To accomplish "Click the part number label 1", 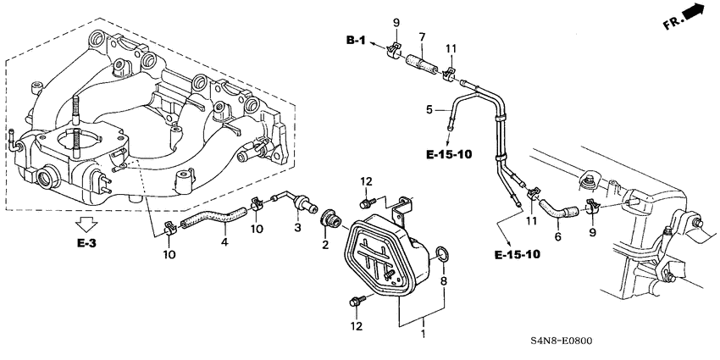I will [424, 335].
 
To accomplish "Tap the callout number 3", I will [298, 229].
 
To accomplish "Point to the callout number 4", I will [225, 243].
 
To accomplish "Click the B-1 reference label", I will [357, 40].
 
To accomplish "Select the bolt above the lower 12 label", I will [355, 299].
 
